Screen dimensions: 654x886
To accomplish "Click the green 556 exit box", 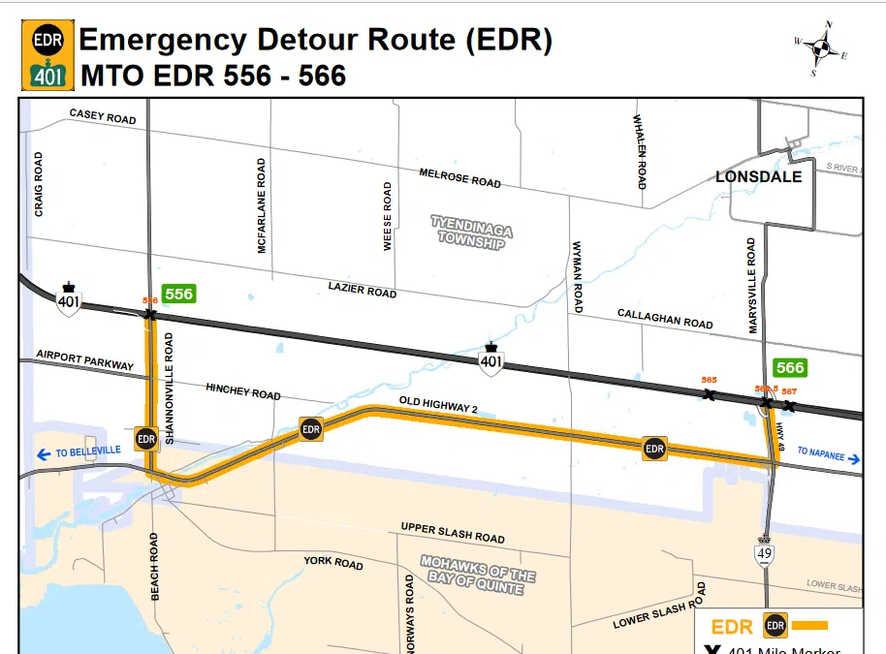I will click(x=179, y=294).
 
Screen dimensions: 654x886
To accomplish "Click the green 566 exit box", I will click(x=790, y=367).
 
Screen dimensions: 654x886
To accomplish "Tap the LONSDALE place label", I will click(x=758, y=176).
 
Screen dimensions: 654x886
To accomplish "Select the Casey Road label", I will click(x=102, y=116).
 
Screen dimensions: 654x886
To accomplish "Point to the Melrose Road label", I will click(x=459, y=178).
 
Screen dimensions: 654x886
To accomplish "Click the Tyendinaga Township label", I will click(x=471, y=233).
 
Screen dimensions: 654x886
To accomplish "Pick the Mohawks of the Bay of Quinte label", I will click(x=478, y=575).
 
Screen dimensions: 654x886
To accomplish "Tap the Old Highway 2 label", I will click(x=438, y=404).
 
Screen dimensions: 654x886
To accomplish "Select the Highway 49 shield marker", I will click(x=766, y=552).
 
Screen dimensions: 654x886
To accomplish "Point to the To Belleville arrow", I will click(x=44, y=453).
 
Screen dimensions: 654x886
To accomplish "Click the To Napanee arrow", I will click(x=853, y=458).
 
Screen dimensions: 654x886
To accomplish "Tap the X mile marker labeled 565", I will click(x=710, y=394).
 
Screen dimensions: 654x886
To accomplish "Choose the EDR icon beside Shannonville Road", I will click(x=146, y=439).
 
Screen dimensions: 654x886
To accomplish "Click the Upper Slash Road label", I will click(x=453, y=532).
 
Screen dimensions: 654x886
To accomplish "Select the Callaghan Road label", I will click(x=665, y=319).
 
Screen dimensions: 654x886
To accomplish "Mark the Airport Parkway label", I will click(x=84, y=360).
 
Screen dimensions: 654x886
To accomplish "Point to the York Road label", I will click(x=332, y=563).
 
